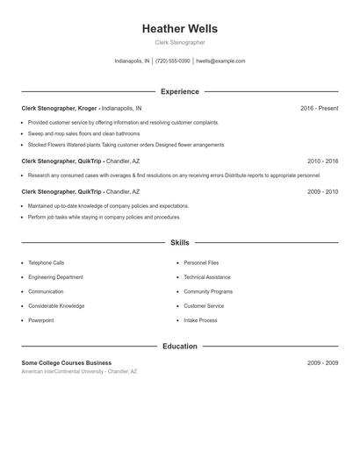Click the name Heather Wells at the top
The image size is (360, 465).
179,28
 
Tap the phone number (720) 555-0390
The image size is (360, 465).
173,61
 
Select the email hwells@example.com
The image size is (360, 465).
220,61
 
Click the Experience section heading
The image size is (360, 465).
179,91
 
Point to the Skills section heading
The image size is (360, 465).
179,242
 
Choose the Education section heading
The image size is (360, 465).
179,347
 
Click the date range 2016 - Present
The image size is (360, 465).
319,109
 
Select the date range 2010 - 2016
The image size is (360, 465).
322,161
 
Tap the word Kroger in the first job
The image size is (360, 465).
85,109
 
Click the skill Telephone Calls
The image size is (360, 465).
46,262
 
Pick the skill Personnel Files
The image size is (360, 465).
201,262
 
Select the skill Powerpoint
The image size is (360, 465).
40,320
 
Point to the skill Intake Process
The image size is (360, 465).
200,320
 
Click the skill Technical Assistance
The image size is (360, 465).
206,276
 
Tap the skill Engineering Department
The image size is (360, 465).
55,276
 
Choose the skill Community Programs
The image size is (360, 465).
208,291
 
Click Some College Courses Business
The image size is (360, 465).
67,362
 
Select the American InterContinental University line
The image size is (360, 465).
79,372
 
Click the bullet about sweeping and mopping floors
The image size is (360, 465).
83,133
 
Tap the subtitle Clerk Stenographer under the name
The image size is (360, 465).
179,42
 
